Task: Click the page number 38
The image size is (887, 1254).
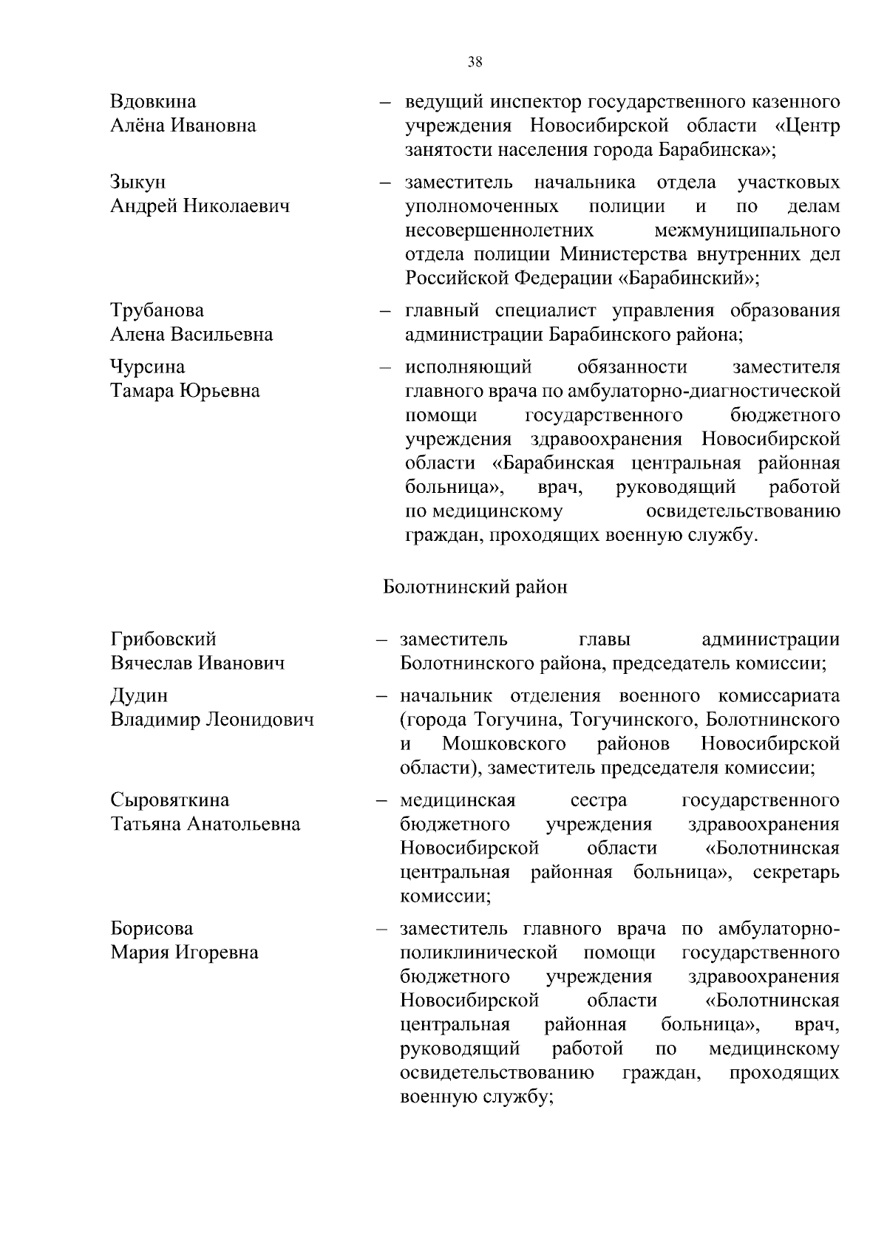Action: pos(475,63)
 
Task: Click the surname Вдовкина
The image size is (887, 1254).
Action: pos(153,101)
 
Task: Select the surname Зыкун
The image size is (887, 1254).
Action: pos(138,182)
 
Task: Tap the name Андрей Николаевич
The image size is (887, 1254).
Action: pos(200,205)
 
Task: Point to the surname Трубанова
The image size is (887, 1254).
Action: pos(157,310)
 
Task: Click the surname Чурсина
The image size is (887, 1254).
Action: pos(148,367)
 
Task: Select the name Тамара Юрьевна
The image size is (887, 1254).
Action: pos(185,390)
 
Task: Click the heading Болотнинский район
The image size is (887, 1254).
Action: pos(475,587)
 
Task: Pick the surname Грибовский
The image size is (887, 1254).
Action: pos(163,638)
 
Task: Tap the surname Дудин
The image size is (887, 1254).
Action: pos(139,695)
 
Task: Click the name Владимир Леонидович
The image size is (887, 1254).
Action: pos(212,719)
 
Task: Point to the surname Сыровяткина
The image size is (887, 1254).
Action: pos(170,800)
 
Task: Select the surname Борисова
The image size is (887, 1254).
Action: pos(152,928)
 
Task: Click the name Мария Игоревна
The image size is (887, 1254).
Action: pos(184,952)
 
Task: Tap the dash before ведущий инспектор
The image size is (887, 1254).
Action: pos(385,102)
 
